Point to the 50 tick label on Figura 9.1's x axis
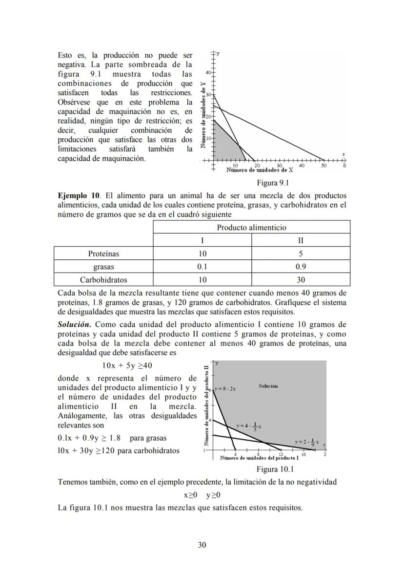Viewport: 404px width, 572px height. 323,166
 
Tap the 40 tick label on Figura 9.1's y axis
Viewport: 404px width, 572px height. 207,73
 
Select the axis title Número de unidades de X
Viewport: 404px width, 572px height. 260,170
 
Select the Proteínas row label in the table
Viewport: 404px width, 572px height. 103,254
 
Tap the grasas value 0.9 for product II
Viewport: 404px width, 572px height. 301,267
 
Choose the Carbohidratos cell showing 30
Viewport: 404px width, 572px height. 301,280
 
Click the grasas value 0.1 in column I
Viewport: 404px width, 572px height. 202,267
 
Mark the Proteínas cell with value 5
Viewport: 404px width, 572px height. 301,254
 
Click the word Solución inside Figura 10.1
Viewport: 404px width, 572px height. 268,386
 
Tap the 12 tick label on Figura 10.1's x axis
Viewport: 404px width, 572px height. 281,455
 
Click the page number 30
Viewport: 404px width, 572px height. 202,545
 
